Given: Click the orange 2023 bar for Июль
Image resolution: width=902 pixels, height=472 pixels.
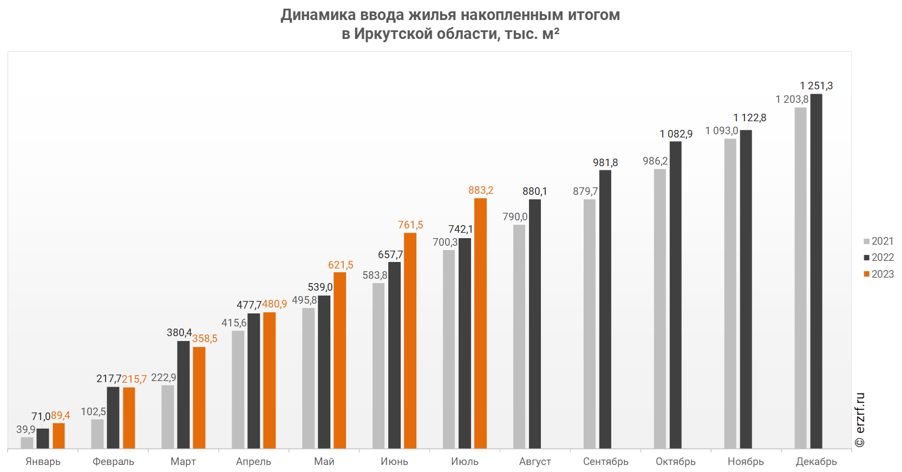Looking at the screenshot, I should click(x=480, y=323).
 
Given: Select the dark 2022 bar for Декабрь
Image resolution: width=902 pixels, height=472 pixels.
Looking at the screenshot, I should click(x=816, y=271).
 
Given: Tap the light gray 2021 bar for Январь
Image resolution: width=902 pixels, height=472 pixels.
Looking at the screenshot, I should click(x=27, y=443).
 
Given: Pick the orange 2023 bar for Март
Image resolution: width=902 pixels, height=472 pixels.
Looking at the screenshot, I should click(x=199, y=397).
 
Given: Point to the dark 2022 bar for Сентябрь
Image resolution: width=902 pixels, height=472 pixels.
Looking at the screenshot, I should click(x=605, y=309).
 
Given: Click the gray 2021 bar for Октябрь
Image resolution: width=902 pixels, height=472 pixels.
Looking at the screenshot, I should click(x=659, y=309).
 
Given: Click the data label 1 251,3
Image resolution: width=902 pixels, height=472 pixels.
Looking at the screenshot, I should click(x=816, y=86).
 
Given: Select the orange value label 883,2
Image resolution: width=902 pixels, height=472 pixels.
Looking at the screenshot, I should click(x=481, y=191).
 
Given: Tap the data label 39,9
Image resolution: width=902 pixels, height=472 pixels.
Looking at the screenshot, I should click(x=25, y=430).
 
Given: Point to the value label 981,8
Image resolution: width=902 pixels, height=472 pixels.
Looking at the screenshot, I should click(x=605, y=163).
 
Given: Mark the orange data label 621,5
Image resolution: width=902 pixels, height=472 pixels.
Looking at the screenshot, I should click(x=341, y=265).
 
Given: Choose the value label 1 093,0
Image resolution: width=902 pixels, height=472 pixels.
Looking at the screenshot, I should click(x=722, y=131).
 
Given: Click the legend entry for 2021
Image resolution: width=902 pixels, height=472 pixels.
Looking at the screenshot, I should click(x=879, y=241).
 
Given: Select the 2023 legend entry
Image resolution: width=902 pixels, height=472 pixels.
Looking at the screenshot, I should click(x=879, y=274).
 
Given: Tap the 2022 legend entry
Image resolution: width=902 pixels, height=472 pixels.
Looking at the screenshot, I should click(x=879, y=258).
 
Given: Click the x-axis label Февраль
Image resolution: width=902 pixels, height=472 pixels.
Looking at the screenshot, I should click(x=113, y=462).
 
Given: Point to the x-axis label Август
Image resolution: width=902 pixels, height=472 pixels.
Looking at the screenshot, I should click(x=535, y=462).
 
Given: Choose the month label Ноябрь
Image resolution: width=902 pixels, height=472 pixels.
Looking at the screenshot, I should click(x=746, y=462).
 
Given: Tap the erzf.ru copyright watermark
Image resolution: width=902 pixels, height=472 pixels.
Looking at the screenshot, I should click(x=860, y=420).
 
